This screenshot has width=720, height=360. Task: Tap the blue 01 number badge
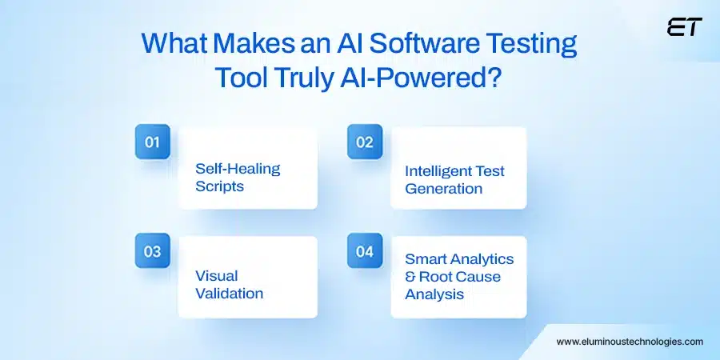click(x=152, y=142)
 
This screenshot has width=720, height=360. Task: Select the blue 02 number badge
click(x=365, y=142)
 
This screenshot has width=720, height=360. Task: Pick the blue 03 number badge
click(x=152, y=252)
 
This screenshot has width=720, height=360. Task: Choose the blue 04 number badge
click(x=365, y=252)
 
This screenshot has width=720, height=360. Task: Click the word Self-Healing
click(x=238, y=169)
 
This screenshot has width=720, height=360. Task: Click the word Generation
click(x=444, y=189)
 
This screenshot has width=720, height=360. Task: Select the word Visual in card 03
click(x=217, y=276)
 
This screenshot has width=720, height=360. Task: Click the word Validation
click(x=230, y=294)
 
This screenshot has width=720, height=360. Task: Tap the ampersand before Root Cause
click(x=411, y=277)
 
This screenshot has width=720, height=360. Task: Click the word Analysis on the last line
click(x=434, y=294)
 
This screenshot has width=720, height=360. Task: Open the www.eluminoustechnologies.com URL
click(x=630, y=341)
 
